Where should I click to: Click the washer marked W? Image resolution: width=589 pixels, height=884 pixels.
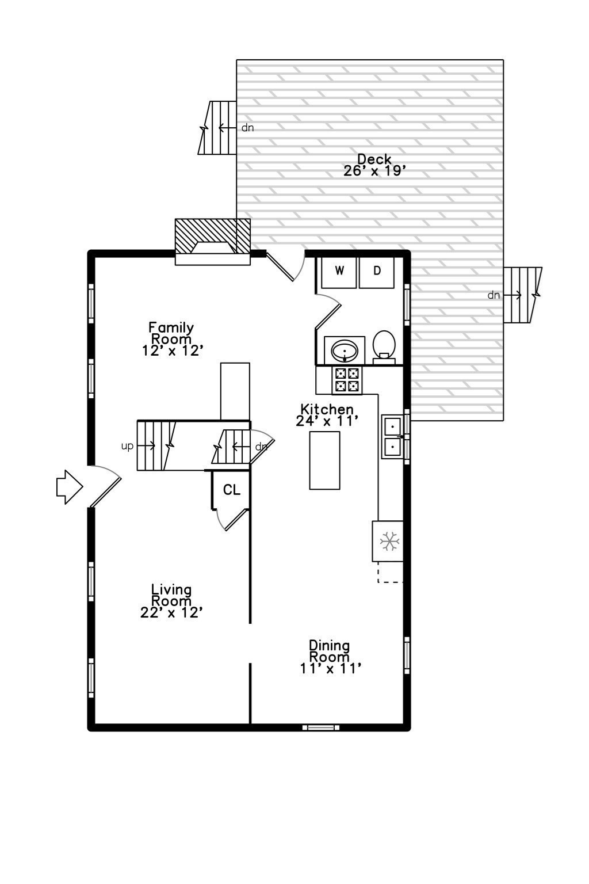click(x=339, y=271)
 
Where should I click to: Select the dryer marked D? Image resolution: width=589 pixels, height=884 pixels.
click(x=377, y=271)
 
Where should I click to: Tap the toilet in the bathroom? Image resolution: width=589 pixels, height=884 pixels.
click(x=384, y=345)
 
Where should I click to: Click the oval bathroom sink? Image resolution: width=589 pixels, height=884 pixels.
click(x=345, y=350)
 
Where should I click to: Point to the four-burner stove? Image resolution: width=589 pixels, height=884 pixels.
click(x=347, y=380)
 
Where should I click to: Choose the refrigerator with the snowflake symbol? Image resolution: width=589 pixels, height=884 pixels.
click(x=388, y=541)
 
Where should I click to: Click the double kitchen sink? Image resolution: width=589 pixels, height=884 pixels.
click(x=392, y=437)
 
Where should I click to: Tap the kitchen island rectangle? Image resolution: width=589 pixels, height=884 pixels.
click(x=324, y=460)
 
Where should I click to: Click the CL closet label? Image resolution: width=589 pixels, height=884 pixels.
click(x=232, y=490)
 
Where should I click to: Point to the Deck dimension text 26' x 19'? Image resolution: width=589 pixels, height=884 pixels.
click(x=375, y=171)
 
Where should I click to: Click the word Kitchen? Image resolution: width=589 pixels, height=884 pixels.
click(x=327, y=409)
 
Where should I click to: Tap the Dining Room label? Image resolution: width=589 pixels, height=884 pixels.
click(x=329, y=651)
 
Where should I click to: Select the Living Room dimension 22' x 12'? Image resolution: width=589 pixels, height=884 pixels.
click(x=171, y=613)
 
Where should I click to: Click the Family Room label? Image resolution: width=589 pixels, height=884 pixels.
click(x=171, y=333)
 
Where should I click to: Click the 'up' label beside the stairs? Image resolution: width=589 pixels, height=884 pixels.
click(x=127, y=446)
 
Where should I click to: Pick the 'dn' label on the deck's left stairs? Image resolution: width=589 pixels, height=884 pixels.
click(x=247, y=128)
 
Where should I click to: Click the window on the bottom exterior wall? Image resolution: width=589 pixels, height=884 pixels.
click(x=320, y=727)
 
